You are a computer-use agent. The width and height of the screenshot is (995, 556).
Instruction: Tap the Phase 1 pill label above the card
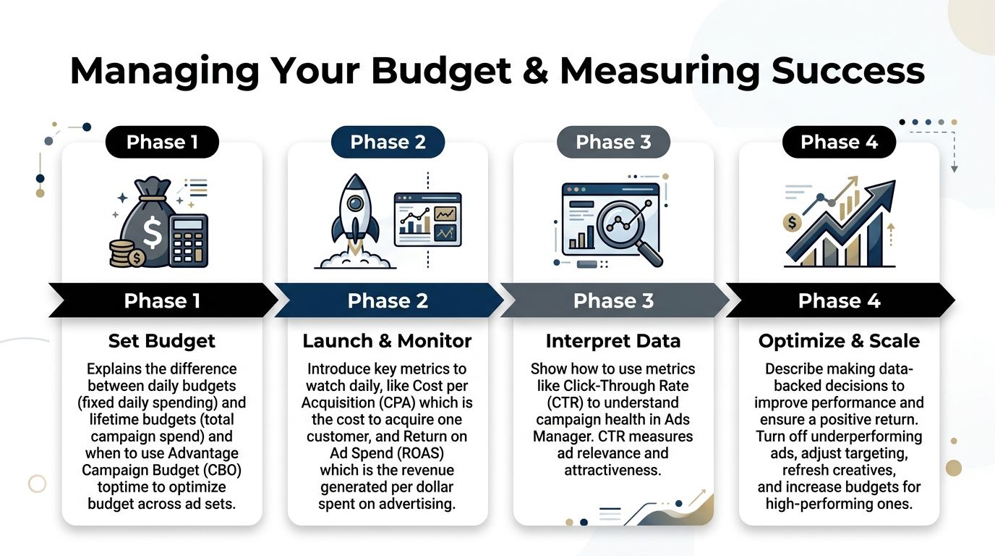(x=162, y=143)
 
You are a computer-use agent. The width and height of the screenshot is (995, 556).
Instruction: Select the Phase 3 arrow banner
(x=613, y=300)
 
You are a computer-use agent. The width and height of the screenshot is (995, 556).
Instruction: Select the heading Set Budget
(x=162, y=341)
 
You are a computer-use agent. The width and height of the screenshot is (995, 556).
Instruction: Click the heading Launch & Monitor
(x=387, y=341)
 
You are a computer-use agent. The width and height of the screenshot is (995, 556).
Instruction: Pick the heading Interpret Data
(x=612, y=341)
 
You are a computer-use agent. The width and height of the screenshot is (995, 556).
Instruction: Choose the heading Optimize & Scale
(x=839, y=341)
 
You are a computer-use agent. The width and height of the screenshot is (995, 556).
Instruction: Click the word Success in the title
(x=847, y=72)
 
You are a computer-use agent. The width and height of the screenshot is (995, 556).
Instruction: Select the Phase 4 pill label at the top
(x=839, y=143)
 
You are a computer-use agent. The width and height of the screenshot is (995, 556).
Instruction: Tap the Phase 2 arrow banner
(x=388, y=300)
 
